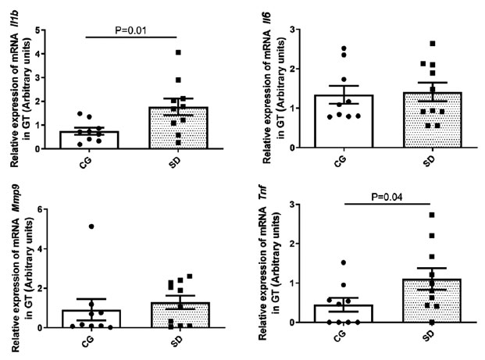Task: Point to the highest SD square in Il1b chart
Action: [x=178, y=52]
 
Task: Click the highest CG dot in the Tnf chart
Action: [x=343, y=262]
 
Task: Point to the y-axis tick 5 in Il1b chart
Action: [x=37, y=30]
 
